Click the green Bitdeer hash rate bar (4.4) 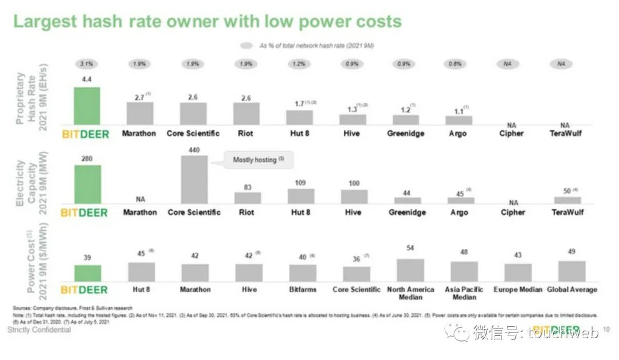(x=87, y=106)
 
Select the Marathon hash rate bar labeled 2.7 (x=139, y=114)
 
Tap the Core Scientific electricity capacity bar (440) (x=194, y=179)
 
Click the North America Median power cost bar (x=410, y=270)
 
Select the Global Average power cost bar (x=571, y=271)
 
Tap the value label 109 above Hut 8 (x=300, y=183)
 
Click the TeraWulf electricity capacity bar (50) (x=567, y=200)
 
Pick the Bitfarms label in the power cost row (x=303, y=289)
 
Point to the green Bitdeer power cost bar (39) (x=87, y=273)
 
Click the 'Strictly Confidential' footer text (x=40, y=330)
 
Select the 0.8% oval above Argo (x=456, y=64)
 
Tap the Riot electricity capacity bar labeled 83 (x=248, y=198)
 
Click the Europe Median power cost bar (x=518, y=272)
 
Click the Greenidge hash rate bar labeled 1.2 (x=406, y=120)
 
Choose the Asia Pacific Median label (x=464, y=293)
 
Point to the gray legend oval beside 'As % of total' (x=247, y=45)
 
